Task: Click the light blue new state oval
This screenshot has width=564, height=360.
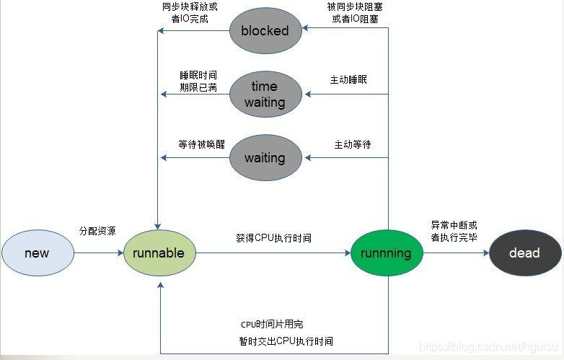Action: pos(38,253)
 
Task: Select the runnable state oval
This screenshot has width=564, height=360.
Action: pos(159,253)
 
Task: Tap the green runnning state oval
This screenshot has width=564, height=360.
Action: pos(386,253)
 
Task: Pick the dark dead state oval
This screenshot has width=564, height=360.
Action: pos(524,253)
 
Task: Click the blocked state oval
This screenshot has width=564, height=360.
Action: pos(265,30)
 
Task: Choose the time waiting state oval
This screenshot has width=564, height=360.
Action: pos(265,94)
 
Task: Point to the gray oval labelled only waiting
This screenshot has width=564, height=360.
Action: pos(265,157)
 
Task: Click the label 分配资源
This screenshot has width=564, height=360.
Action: pos(97,231)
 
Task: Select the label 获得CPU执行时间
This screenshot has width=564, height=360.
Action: pos(273,237)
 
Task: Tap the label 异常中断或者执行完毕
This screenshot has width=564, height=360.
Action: pos(454,231)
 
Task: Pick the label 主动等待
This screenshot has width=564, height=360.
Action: pos(353,144)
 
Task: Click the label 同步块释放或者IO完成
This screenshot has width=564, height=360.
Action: pos(190,13)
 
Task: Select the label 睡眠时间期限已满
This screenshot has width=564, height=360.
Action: pos(198,82)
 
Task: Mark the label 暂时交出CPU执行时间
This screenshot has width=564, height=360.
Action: pos(286,341)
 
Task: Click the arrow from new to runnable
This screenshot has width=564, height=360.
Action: pos(99,253)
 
